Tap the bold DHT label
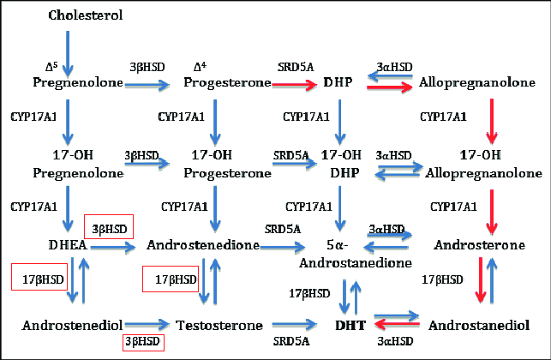(342, 326)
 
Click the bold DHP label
(338, 83)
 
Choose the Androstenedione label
(203, 246)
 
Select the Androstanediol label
(478, 326)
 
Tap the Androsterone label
(478, 246)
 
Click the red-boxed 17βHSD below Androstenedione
(170, 279)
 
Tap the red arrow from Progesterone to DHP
(296, 84)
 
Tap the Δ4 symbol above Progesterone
(198, 67)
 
